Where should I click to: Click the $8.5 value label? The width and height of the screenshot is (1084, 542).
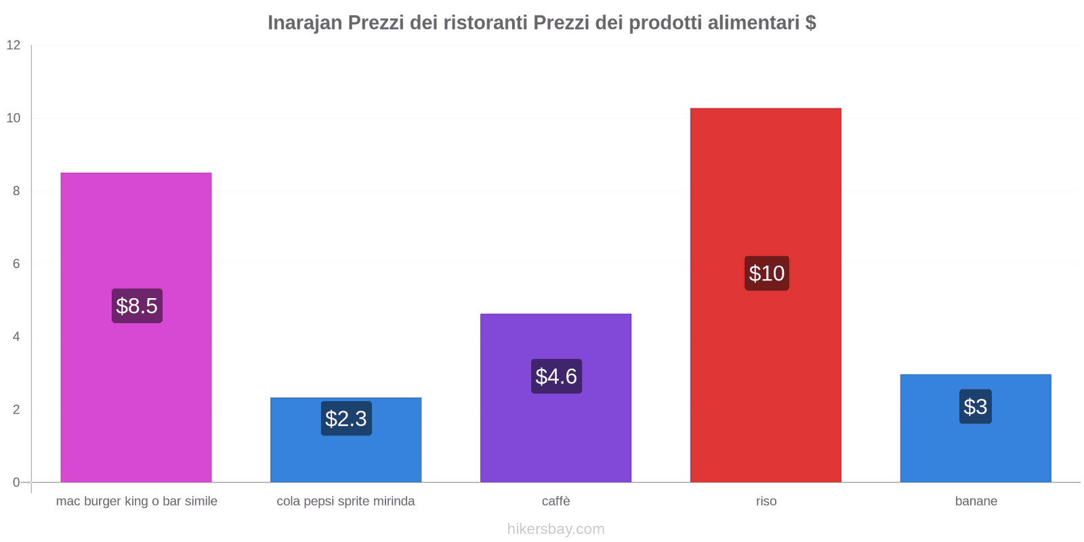click(137, 306)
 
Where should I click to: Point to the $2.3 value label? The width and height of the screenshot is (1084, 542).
click(346, 419)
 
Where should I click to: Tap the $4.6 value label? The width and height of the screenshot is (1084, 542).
click(556, 376)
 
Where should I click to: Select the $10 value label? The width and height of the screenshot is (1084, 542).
click(766, 273)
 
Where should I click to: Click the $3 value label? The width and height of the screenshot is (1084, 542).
click(975, 406)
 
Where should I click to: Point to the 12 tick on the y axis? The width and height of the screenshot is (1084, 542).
click(14, 45)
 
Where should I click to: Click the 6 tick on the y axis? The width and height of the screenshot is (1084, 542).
click(16, 264)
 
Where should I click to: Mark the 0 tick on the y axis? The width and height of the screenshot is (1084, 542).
click(16, 482)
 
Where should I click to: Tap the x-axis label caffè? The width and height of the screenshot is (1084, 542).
click(556, 501)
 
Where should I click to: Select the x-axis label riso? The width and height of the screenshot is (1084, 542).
click(766, 501)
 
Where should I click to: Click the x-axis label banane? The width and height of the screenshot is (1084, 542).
click(976, 501)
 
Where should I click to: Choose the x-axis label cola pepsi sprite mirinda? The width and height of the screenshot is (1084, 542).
click(346, 501)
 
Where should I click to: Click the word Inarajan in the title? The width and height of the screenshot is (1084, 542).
click(305, 23)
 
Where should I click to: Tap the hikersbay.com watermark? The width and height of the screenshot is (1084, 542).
click(556, 529)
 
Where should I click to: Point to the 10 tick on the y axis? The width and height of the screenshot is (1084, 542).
click(14, 118)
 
